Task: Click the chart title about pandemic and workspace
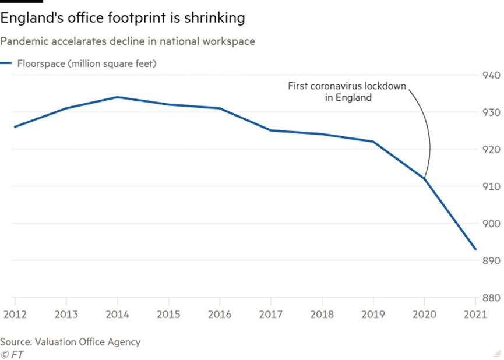[x=127, y=42]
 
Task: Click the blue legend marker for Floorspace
[x=6, y=63]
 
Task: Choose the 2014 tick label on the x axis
[x=117, y=315]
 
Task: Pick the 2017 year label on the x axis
[x=271, y=315]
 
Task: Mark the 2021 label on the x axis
[x=475, y=315]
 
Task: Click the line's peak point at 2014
[x=117, y=97]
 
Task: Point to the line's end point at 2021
[x=476, y=250]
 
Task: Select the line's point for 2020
[x=425, y=178]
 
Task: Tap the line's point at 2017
[x=271, y=130]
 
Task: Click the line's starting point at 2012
[x=15, y=126]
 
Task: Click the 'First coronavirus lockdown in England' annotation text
[x=348, y=92]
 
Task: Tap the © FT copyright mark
[x=12, y=354]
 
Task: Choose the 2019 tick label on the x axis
[x=373, y=315]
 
